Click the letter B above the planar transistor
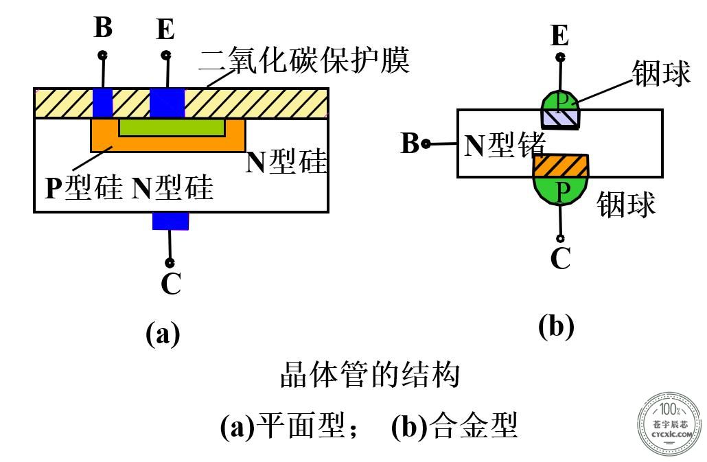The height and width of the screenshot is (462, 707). [x=103, y=27]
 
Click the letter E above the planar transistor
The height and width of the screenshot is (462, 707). [x=165, y=30]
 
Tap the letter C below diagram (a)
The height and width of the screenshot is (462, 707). [x=171, y=284]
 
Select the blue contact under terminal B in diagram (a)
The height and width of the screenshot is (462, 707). [x=103, y=103]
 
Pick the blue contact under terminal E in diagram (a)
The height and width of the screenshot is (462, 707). [x=167, y=103]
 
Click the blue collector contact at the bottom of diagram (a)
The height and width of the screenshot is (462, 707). [x=170, y=221]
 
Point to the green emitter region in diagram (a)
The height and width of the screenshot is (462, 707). [x=172, y=128]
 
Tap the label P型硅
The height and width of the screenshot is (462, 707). [x=84, y=187]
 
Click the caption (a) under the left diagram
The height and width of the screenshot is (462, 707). [x=163, y=334]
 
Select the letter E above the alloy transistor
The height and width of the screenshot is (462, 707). [x=560, y=36]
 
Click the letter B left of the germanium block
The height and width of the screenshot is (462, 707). [x=410, y=143]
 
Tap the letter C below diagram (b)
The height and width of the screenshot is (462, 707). [x=561, y=258]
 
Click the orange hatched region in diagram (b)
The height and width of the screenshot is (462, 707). [x=561, y=165]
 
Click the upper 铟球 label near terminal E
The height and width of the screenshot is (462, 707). [x=661, y=73]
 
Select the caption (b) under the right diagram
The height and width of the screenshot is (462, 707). [x=556, y=326]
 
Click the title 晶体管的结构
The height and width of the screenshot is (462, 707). [x=370, y=375]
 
